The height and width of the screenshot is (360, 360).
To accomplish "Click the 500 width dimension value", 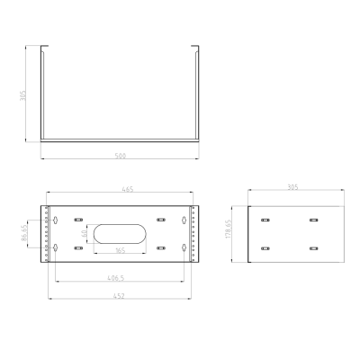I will click(120, 156).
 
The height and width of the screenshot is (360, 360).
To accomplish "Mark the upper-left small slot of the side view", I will click(265, 220).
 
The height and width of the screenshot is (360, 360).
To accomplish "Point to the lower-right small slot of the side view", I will click(313, 247).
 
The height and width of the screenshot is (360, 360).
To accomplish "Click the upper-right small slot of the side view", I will click(313, 220).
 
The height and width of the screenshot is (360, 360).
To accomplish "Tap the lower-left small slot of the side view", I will click(265, 247).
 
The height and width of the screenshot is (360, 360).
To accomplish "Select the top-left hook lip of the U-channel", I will click(41, 49).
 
